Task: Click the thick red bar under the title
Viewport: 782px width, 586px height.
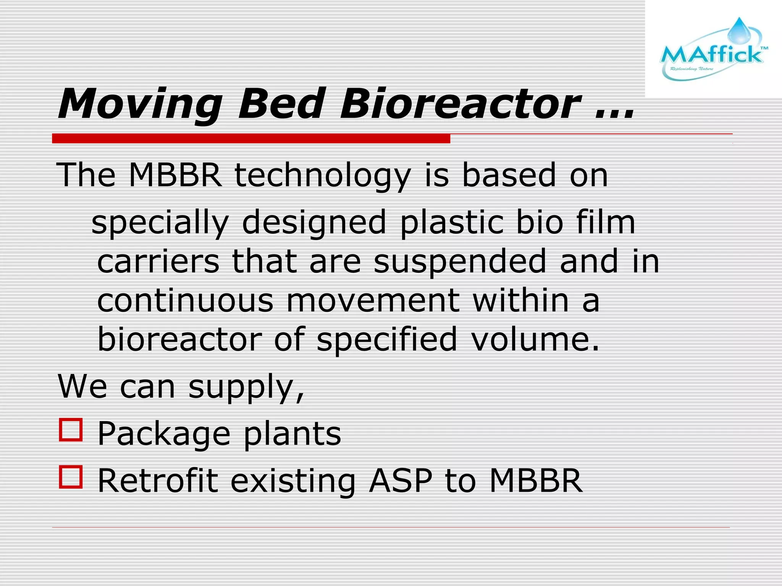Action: [x=251, y=138]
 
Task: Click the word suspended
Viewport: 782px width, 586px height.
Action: [x=460, y=262]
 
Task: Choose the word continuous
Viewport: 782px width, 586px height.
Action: [x=185, y=301]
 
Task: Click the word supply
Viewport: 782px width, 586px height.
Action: [x=246, y=388]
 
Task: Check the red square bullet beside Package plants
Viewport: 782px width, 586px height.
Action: [x=71, y=430]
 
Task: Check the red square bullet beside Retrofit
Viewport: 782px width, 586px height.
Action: [x=71, y=477]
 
